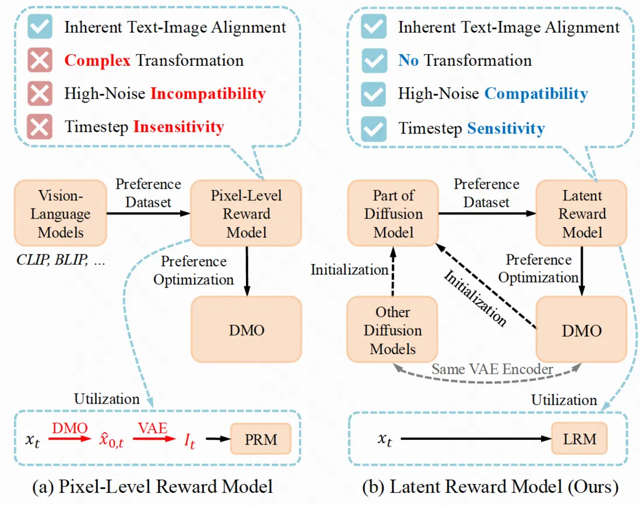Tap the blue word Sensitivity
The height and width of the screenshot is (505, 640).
[x=505, y=128]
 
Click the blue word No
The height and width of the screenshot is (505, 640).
[x=408, y=60]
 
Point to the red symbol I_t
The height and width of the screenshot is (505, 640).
[x=190, y=441]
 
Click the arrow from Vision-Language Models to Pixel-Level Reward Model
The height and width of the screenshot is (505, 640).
[x=149, y=213]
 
